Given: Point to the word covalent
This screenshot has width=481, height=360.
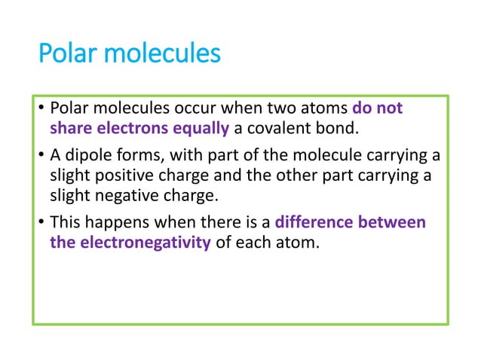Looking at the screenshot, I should tap(280, 128).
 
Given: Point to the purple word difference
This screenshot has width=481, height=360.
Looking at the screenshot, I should tap(311, 223).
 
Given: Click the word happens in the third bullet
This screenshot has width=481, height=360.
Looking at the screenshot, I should tap(110, 223).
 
